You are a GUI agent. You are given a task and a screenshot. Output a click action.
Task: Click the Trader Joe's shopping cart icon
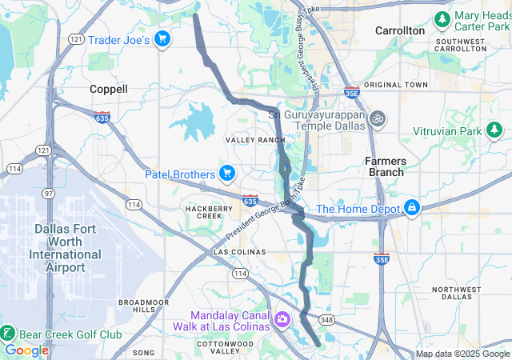(x=162, y=39)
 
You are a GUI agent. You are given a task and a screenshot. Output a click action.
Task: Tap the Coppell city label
(x=108, y=89)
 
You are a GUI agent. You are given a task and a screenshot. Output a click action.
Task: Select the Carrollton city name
(x=400, y=30)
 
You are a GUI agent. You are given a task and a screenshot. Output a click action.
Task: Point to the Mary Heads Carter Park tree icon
(x=441, y=18)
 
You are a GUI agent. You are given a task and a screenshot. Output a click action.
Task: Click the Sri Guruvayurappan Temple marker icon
(x=378, y=118)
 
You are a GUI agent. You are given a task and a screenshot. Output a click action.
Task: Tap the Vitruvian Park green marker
(x=495, y=130)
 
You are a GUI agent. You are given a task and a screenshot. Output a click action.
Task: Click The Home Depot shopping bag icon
(x=412, y=209)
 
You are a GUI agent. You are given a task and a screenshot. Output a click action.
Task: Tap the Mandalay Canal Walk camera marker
(x=282, y=320)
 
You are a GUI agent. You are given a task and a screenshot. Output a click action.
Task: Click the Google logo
(x=26, y=350)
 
